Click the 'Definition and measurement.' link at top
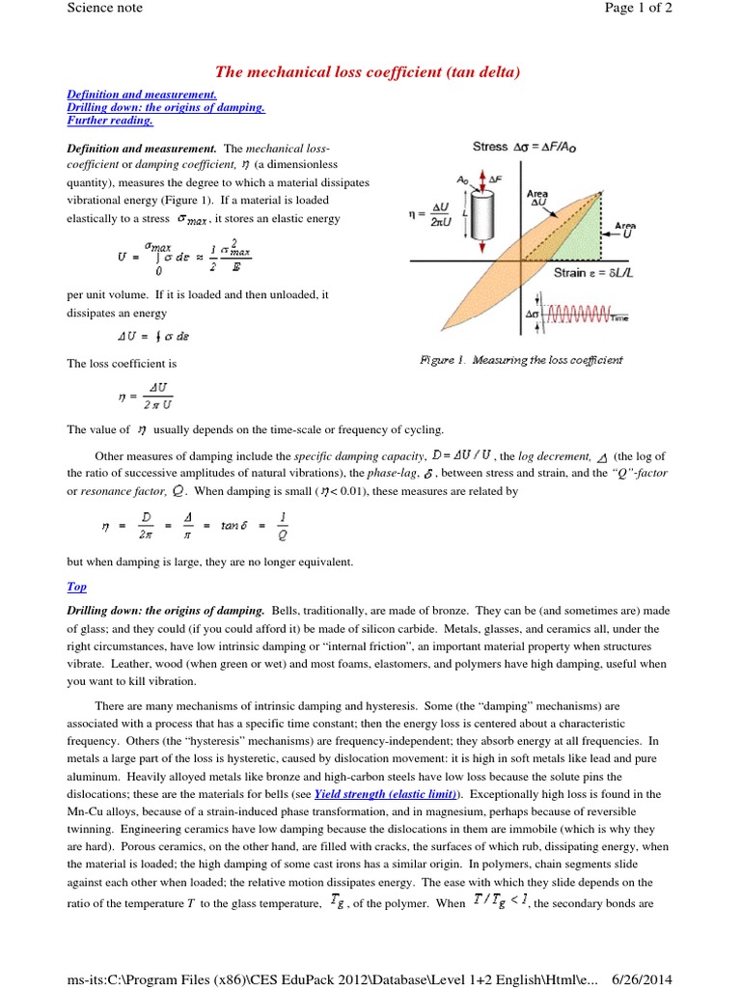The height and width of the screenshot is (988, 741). (x=142, y=95)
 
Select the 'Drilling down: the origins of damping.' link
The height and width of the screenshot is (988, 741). (x=166, y=108)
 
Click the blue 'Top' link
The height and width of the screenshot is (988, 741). (x=76, y=586)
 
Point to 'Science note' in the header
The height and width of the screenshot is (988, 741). (x=104, y=8)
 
